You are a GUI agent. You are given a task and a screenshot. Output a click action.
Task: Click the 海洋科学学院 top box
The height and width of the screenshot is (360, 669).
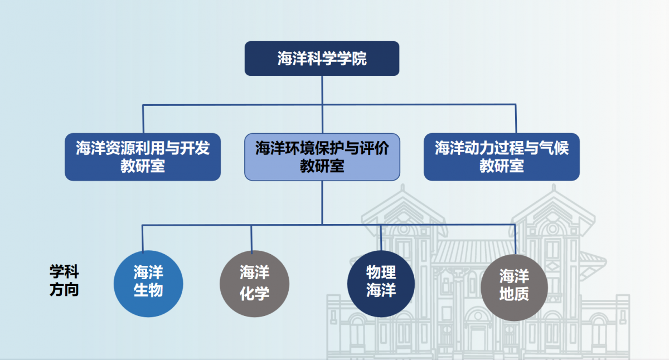322,59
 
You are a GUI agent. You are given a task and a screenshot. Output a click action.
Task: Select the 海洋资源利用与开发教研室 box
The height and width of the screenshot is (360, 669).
143,157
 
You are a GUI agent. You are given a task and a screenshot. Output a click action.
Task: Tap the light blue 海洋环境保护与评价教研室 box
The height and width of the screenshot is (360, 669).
322,157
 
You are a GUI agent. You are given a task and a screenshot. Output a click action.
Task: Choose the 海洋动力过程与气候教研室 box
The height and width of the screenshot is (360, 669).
501,157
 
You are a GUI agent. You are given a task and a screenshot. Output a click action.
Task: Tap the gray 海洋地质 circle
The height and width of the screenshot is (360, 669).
513,286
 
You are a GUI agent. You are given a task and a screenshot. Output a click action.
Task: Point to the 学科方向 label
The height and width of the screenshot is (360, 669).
64,281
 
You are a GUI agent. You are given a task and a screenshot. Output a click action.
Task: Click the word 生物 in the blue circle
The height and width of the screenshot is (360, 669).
148,291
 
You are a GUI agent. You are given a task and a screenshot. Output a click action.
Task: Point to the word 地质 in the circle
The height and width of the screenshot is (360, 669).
513,295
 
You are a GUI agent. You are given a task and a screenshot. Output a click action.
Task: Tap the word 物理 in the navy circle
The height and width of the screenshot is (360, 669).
381,273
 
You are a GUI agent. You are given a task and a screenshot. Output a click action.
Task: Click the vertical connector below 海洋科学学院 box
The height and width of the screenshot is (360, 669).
322,89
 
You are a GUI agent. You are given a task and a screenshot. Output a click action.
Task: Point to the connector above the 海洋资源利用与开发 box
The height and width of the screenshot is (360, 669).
143,118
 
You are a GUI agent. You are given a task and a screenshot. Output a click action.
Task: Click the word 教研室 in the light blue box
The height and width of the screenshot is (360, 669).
322,166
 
